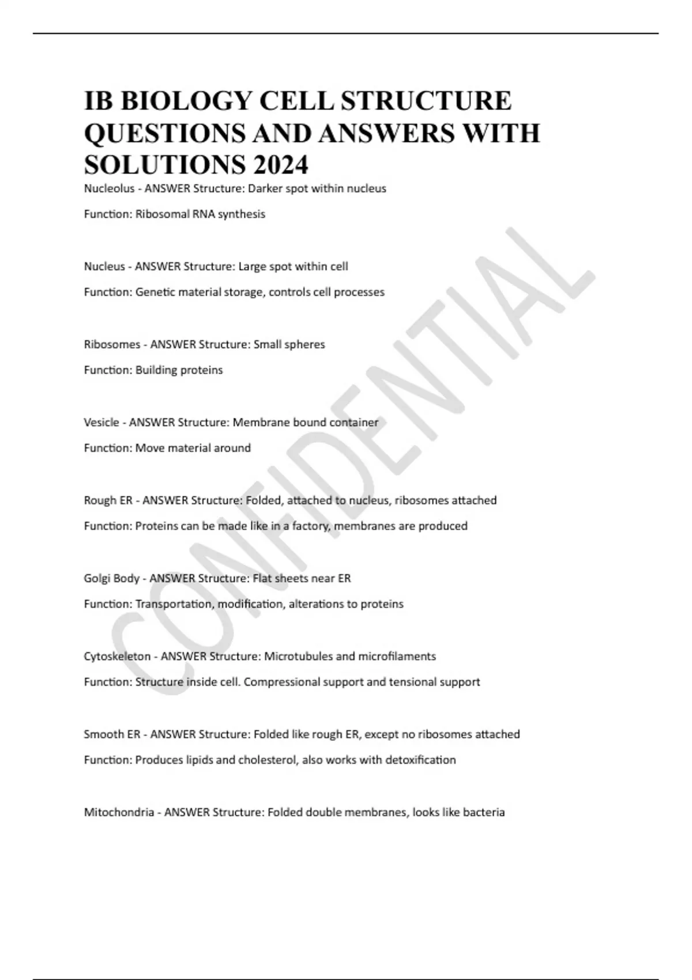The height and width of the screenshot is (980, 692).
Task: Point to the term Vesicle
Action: tap(101, 422)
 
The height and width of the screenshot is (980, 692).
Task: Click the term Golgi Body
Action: tap(111, 578)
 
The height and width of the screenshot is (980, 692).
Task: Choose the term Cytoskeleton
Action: tap(117, 656)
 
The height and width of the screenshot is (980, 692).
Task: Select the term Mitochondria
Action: tap(119, 812)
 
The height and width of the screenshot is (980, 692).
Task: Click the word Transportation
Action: tap(173, 604)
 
